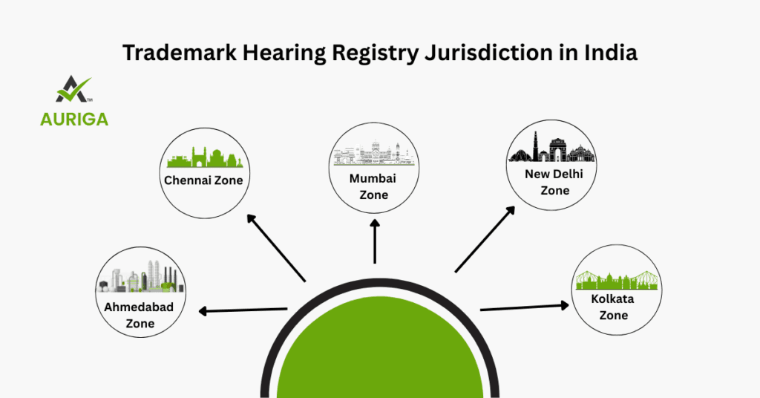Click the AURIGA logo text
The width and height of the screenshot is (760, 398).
click(x=74, y=119)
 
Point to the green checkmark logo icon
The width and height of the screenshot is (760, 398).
click(x=73, y=89)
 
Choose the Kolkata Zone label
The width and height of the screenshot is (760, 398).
click(x=609, y=307)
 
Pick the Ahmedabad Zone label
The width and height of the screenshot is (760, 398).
click(x=140, y=316)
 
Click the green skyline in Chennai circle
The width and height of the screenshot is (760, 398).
click(x=205, y=158)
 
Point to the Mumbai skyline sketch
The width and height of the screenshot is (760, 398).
click(x=373, y=154)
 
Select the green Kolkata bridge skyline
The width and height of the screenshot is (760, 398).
click(x=617, y=279)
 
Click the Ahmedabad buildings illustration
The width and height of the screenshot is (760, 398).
click(x=141, y=278)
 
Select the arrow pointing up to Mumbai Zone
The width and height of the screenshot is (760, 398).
click(x=375, y=242)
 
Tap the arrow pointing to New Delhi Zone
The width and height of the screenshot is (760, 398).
click(x=485, y=239)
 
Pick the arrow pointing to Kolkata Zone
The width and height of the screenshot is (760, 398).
click(x=525, y=307)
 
